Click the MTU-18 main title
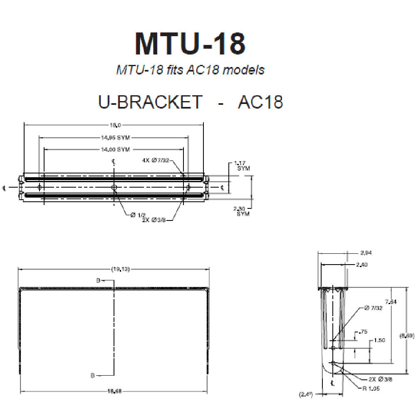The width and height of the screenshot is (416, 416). tap(190, 43)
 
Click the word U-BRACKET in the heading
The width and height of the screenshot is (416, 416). tap(150, 102)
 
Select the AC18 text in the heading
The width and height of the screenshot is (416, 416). tap(260, 102)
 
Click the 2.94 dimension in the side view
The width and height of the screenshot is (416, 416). tap(366, 253)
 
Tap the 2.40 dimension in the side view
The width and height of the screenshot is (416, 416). tap(361, 264)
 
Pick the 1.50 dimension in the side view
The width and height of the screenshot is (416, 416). tap(379, 340)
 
